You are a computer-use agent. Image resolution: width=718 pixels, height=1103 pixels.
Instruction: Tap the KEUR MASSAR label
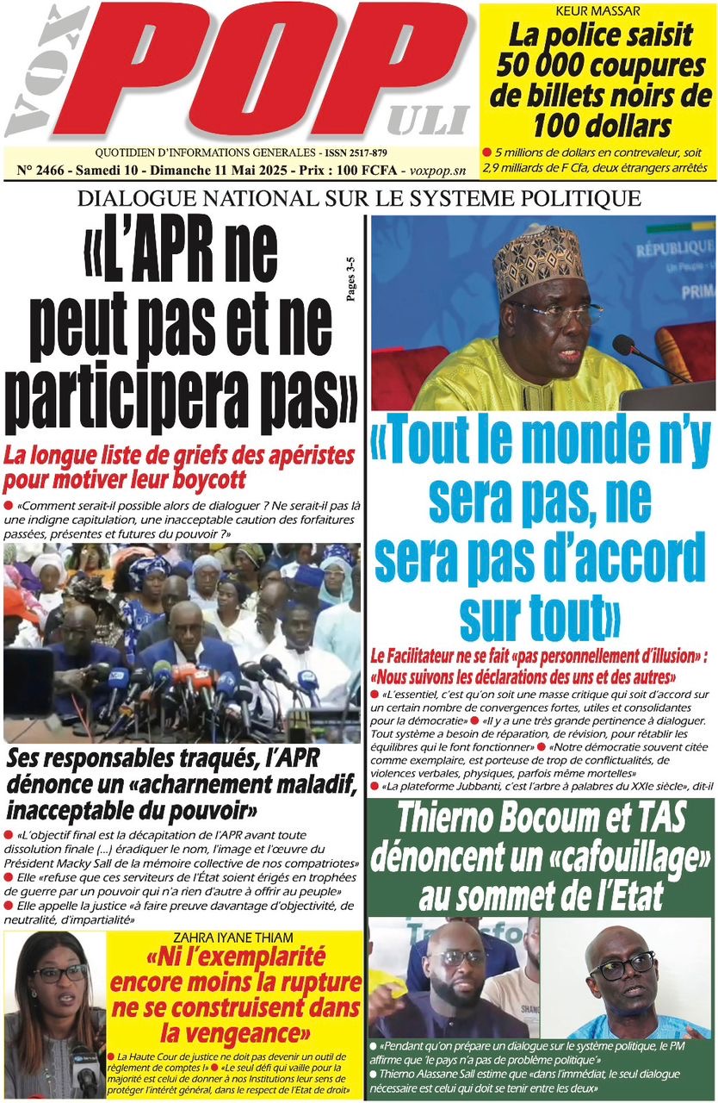597,12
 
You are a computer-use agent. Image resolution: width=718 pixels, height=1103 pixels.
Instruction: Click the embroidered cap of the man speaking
538,263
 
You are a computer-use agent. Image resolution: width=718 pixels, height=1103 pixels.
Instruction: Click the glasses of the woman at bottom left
59,973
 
